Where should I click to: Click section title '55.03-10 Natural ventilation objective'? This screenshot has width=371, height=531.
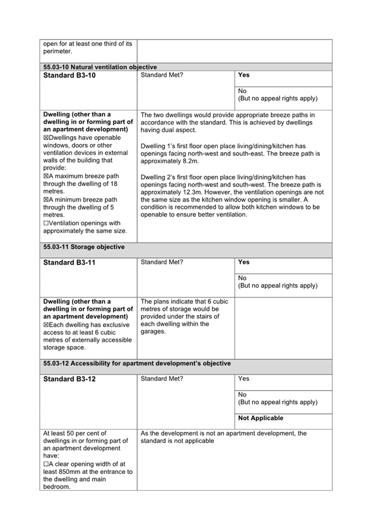click(100, 67)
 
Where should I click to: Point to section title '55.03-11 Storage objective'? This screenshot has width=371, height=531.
click(84, 247)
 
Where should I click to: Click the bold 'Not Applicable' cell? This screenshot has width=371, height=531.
click(261, 418)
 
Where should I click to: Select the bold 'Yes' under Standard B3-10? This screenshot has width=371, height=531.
click(244, 75)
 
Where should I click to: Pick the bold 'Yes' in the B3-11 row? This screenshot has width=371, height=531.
click(244, 262)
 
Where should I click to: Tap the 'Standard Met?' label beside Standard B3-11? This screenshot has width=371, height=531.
click(162, 262)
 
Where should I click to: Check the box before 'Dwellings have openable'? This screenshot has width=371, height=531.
click(46, 138)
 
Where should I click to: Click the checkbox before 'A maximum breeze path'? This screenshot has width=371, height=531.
click(46, 176)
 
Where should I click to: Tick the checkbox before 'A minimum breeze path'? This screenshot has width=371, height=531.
click(46, 199)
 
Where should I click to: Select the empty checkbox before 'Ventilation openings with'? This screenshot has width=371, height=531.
click(46, 223)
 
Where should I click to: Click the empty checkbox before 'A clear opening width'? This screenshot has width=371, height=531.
click(46, 464)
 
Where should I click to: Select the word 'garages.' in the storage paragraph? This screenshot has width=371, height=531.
click(153, 332)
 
